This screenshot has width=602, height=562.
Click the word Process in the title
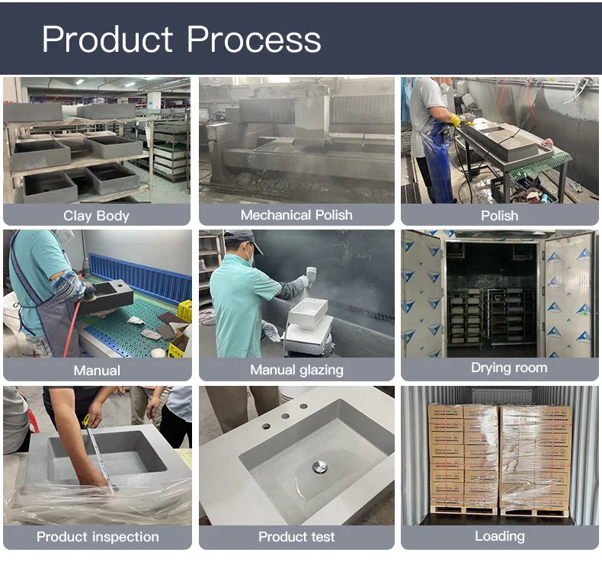pos(254,40)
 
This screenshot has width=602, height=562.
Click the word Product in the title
pos(107,39)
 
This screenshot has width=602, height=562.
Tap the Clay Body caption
pos(96,216)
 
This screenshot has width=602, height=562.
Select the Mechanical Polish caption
pos(296,215)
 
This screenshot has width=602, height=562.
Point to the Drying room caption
pos(509,368)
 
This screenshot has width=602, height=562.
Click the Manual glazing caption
pos(296,370)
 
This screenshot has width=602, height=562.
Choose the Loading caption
pos(499,536)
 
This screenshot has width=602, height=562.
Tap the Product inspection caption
pos(98,537)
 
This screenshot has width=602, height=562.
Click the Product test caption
pos(296,537)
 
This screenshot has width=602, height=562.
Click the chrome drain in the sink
pos(320,467)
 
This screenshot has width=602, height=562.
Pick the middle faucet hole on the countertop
pos(285,416)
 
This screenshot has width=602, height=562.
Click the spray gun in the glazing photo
pos(310,276)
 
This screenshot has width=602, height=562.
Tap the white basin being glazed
pos(308,313)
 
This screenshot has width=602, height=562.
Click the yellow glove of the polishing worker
pos(456,120)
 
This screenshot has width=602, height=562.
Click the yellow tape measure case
pos(87,420)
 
